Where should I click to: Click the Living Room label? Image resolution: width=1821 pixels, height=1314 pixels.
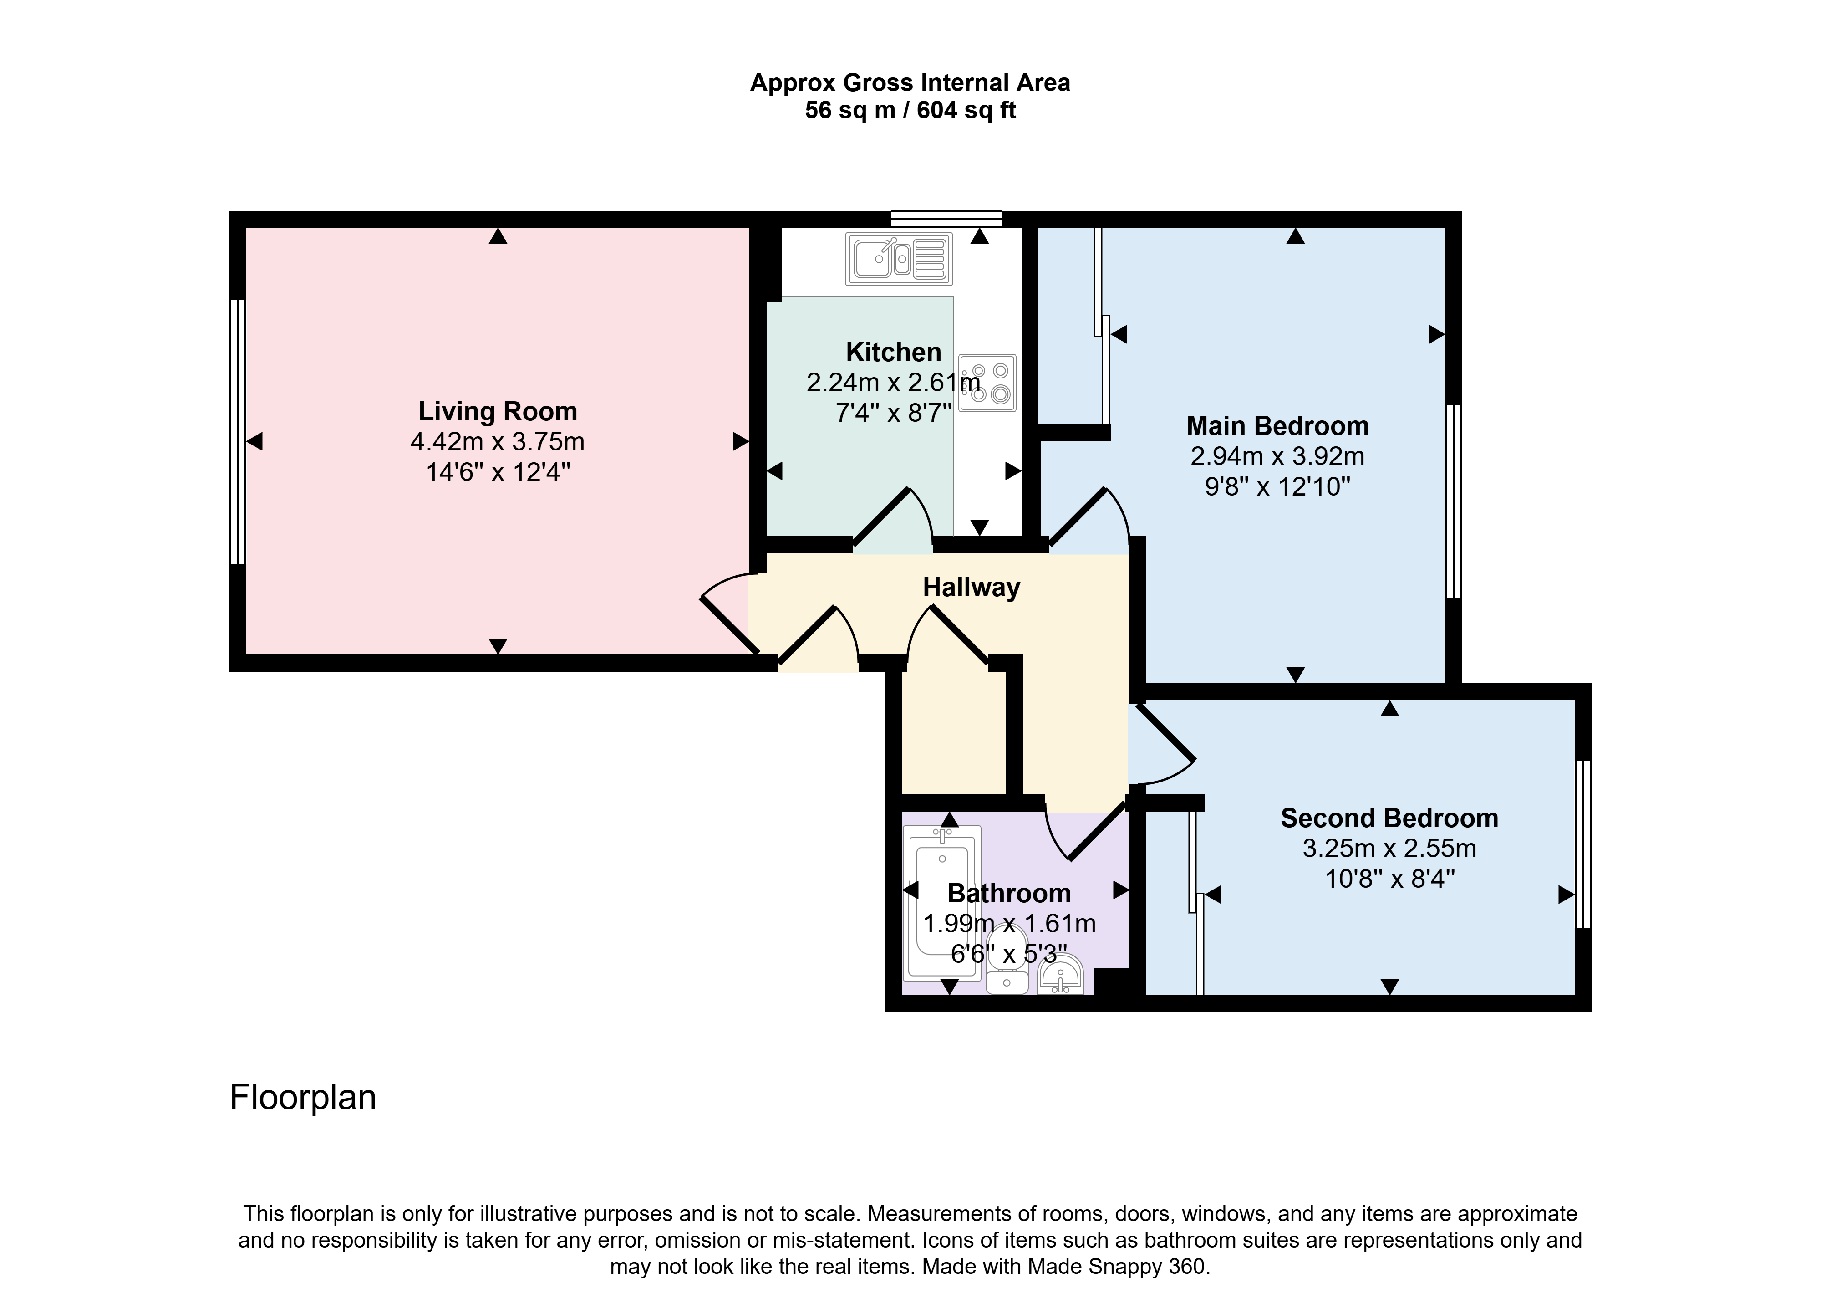(498, 411)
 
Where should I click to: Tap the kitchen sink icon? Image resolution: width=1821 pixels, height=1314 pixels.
(899, 259)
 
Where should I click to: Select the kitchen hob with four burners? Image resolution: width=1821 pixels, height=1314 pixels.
(987, 383)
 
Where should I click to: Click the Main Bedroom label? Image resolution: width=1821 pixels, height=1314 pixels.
(1277, 426)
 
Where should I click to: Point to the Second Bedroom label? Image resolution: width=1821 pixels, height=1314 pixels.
(1389, 818)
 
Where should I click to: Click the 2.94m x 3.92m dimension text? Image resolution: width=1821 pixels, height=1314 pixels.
(1277, 456)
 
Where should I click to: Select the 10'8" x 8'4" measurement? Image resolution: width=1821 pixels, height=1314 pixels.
(1389, 879)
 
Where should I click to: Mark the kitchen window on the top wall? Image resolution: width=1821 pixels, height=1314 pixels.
(946, 219)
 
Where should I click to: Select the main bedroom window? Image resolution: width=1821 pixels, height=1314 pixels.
(1453, 501)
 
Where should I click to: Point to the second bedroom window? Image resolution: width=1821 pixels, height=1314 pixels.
(1583, 844)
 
